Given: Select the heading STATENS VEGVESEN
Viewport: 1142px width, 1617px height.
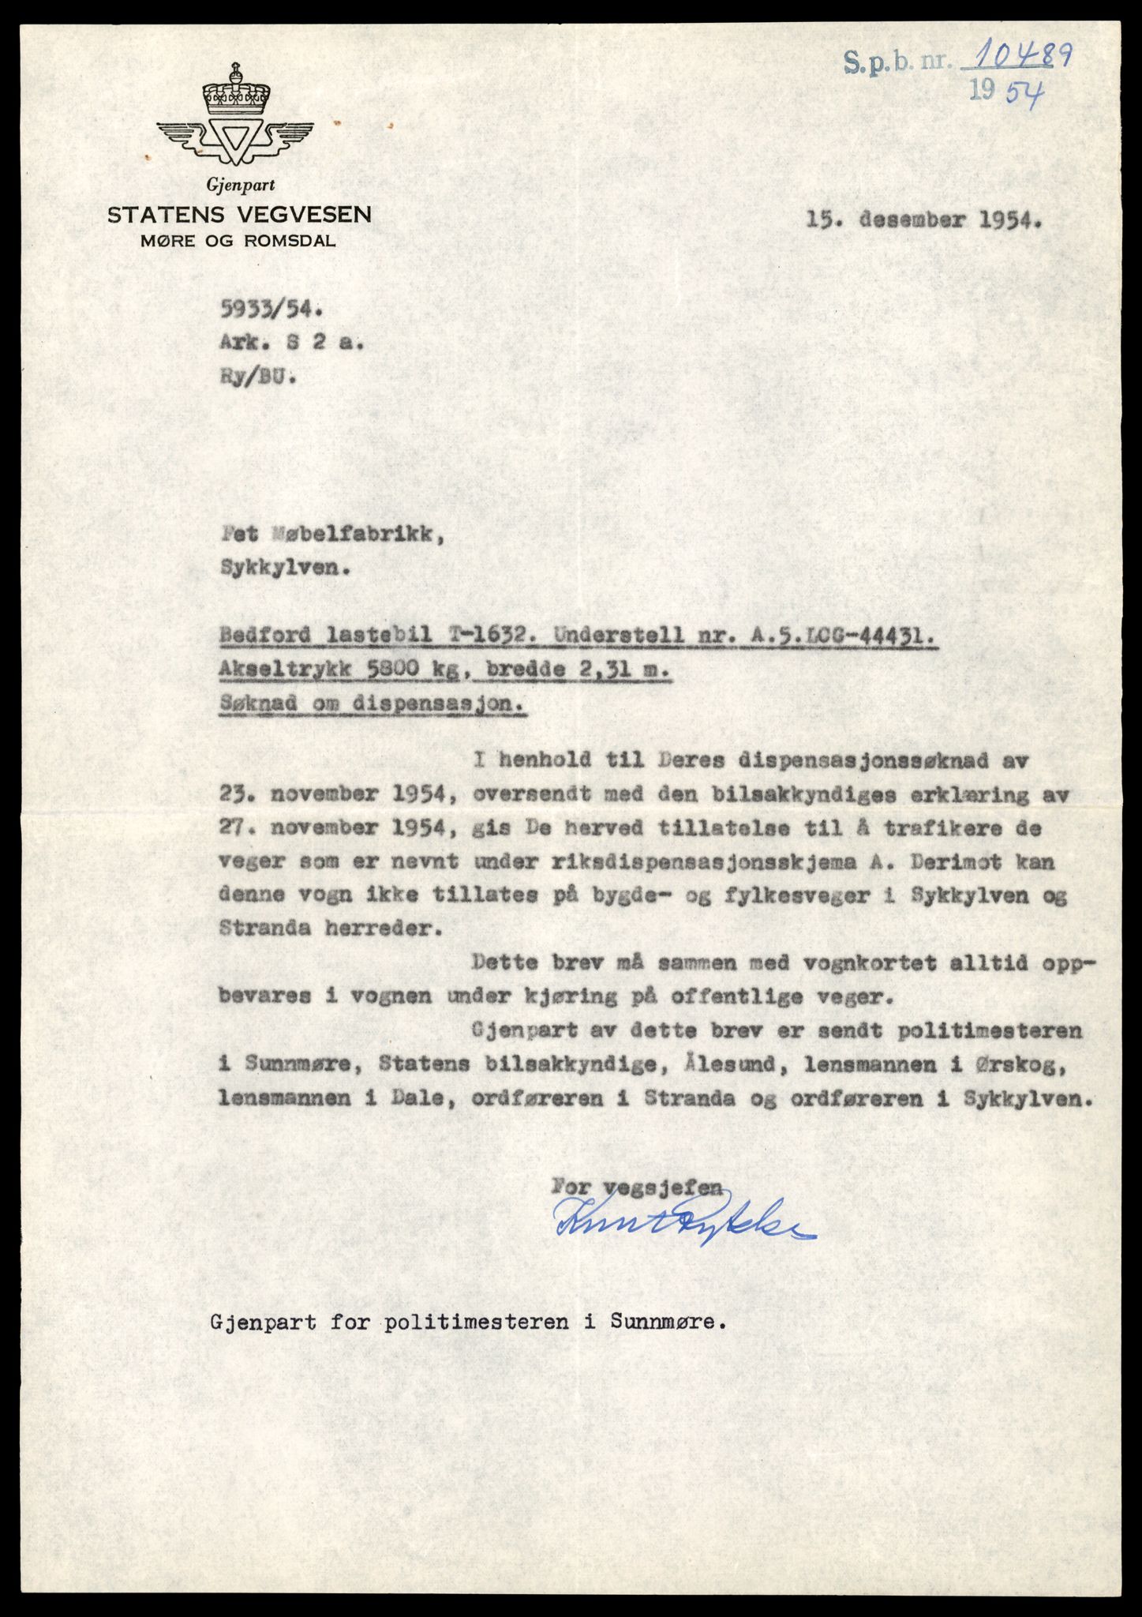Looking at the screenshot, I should (240, 214).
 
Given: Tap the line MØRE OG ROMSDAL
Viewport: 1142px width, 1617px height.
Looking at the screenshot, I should (238, 242).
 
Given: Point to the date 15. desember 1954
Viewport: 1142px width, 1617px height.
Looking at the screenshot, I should (923, 221).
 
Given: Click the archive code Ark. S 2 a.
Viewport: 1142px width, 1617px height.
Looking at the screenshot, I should (291, 343).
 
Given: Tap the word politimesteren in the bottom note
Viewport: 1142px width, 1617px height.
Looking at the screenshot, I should (476, 1323).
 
